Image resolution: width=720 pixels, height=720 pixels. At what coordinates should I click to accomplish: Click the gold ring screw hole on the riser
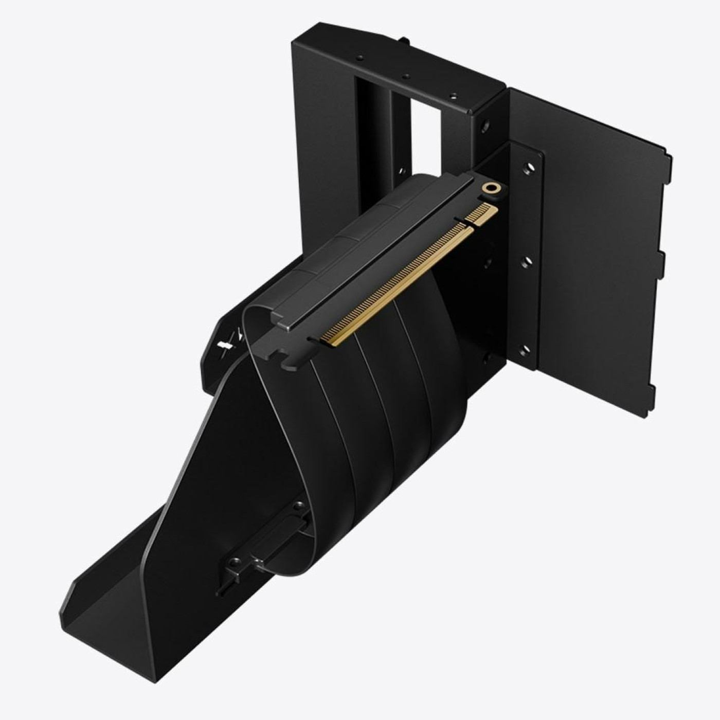point(493,189)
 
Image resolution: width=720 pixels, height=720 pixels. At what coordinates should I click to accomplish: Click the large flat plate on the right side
point(591,231)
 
